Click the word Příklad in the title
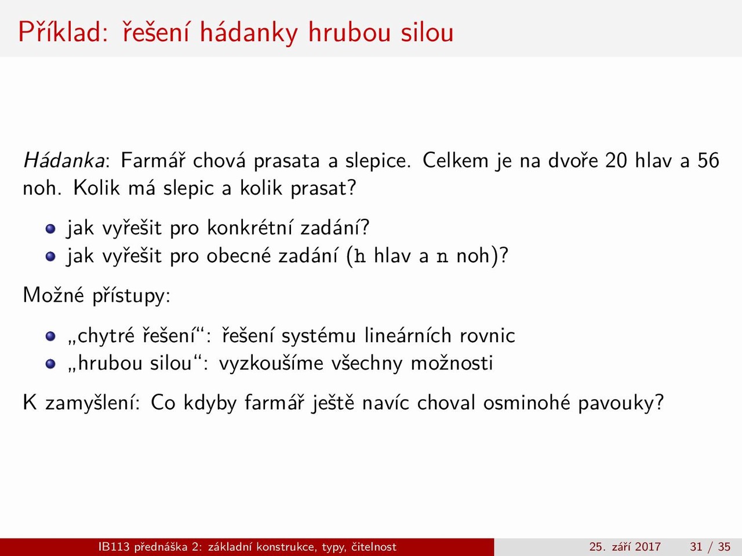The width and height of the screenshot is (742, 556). [x=63, y=32]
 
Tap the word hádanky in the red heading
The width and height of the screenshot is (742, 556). [x=249, y=33]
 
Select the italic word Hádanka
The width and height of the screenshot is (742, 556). [x=64, y=160]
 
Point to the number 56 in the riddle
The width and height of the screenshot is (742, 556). [x=708, y=160]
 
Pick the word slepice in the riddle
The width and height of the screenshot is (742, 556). [x=378, y=160]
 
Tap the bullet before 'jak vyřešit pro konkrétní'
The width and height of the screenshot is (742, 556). [x=50, y=229]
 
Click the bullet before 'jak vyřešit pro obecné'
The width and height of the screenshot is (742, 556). [x=50, y=257]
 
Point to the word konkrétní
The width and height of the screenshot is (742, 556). [x=249, y=227]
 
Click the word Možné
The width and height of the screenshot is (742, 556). [x=53, y=295]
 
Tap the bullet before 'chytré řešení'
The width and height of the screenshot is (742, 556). [x=50, y=336]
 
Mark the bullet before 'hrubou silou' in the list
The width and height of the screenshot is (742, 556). [x=50, y=364]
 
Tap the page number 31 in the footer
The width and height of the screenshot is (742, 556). [x=696, y=547]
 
